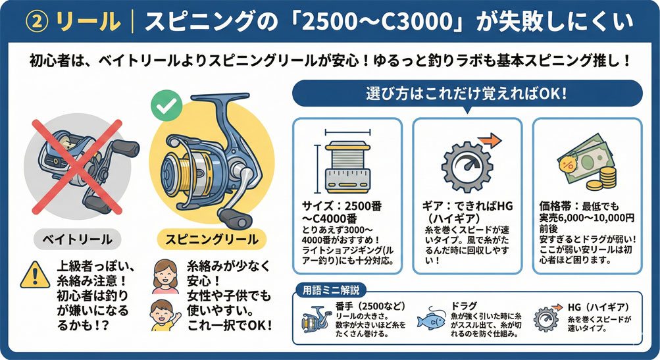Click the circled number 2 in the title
37,22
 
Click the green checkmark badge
166,106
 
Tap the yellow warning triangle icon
36,274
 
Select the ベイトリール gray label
77,240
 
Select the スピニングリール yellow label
211,240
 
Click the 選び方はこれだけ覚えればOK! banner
467,93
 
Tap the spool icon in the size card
347,167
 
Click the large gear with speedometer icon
467,167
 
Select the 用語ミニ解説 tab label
331,290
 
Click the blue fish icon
432,321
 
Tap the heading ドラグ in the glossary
464,306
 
